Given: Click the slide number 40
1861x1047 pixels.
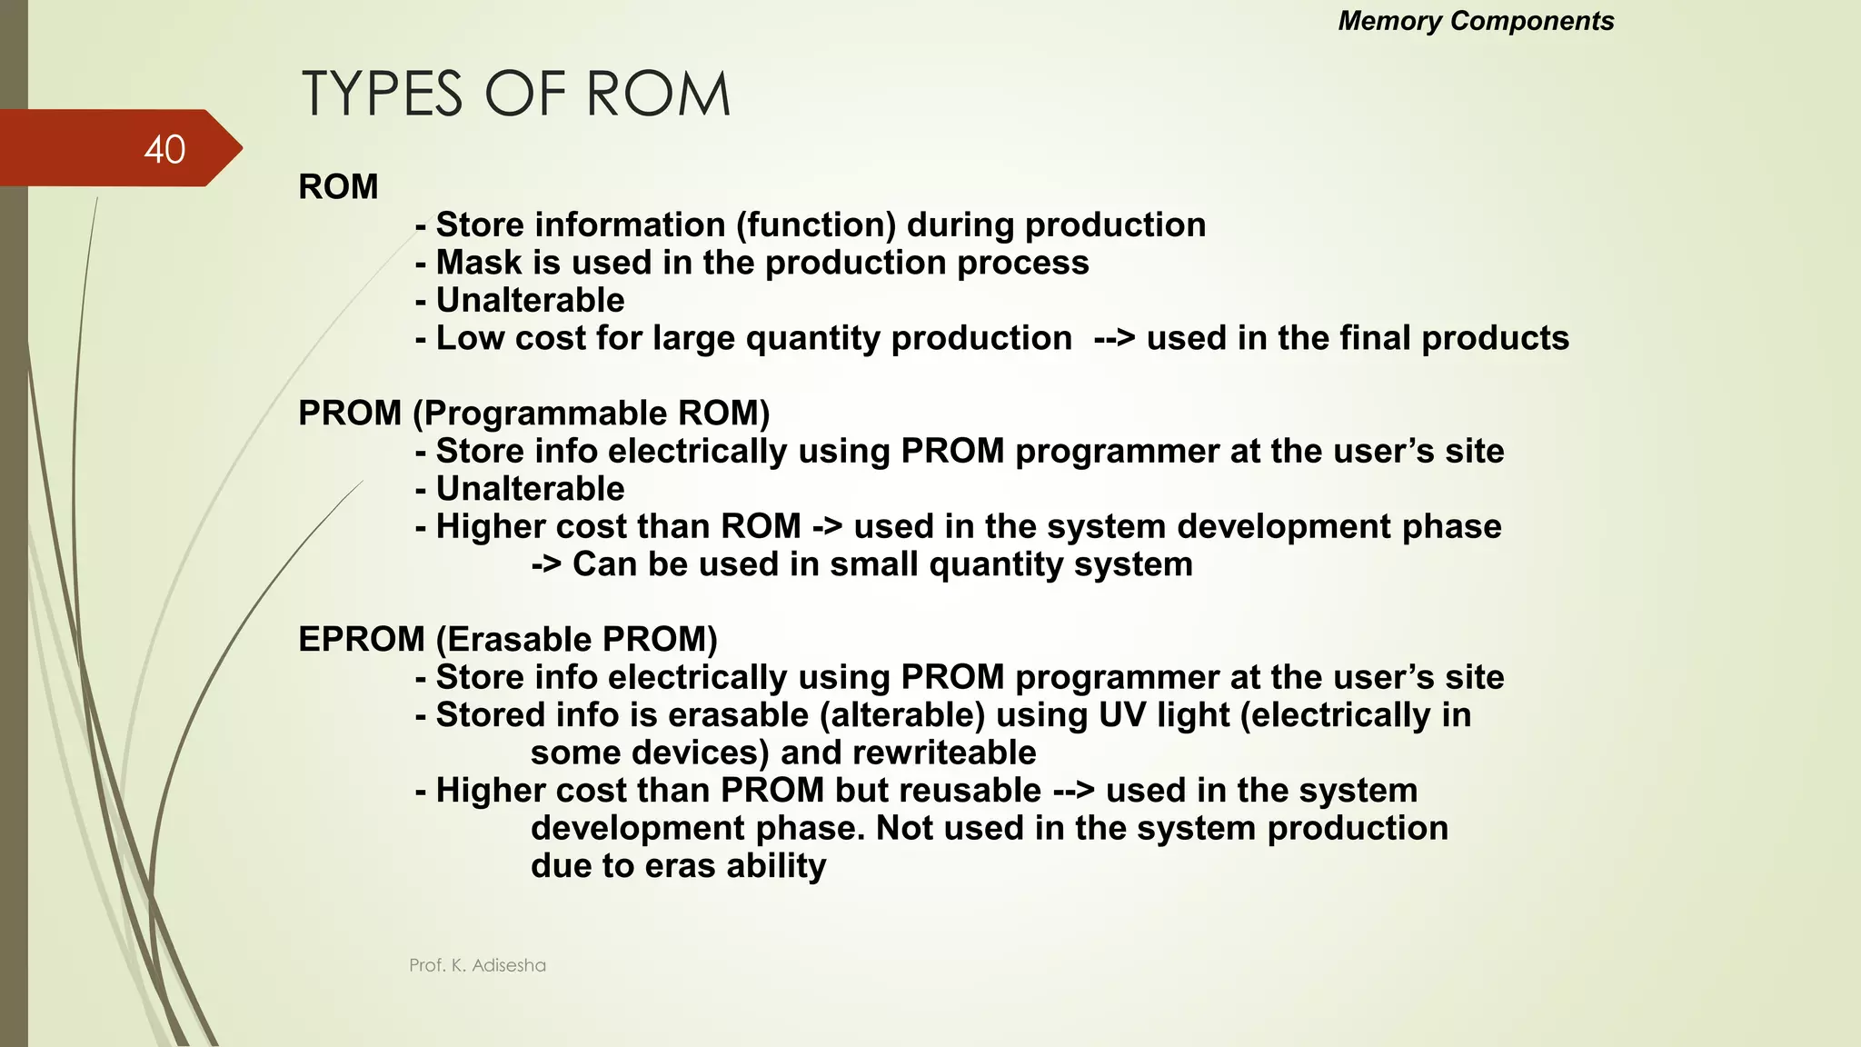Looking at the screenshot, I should pos(164,149).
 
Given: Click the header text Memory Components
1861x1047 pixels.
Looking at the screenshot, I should pos(1476,21).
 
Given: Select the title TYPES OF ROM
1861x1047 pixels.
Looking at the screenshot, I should pos(515,95).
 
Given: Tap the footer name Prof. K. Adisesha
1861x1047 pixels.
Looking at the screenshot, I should pos(477,965).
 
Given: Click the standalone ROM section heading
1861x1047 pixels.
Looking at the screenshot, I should pos(338,187).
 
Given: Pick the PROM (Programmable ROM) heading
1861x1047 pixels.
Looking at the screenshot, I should pos(533,414).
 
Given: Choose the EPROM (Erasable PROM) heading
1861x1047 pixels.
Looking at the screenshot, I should pos(507,640).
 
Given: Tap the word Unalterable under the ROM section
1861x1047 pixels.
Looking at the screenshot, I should pos(530,301).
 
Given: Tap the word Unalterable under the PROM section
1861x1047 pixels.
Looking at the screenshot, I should pos(530,489).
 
